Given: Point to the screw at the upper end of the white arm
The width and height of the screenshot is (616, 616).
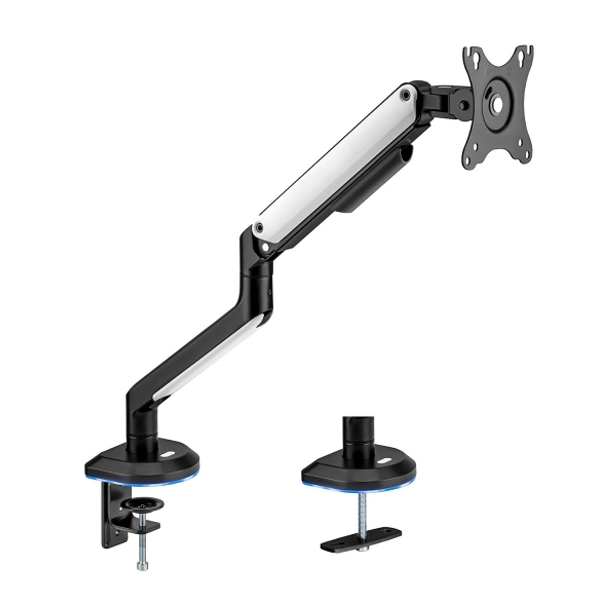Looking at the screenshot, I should click(406, 95).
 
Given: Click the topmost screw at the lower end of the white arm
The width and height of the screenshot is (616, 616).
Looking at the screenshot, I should click(260, 227).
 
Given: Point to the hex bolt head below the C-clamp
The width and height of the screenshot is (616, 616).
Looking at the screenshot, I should click(142, 566).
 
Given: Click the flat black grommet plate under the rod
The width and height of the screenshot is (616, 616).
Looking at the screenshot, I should click(361, 538).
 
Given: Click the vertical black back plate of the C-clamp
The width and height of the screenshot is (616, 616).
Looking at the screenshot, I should click(111, 514).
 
